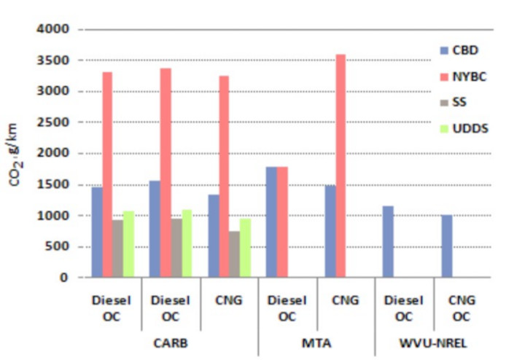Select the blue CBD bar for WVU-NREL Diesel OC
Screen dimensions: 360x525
(388, 242)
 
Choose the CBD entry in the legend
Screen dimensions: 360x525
(459, 50)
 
